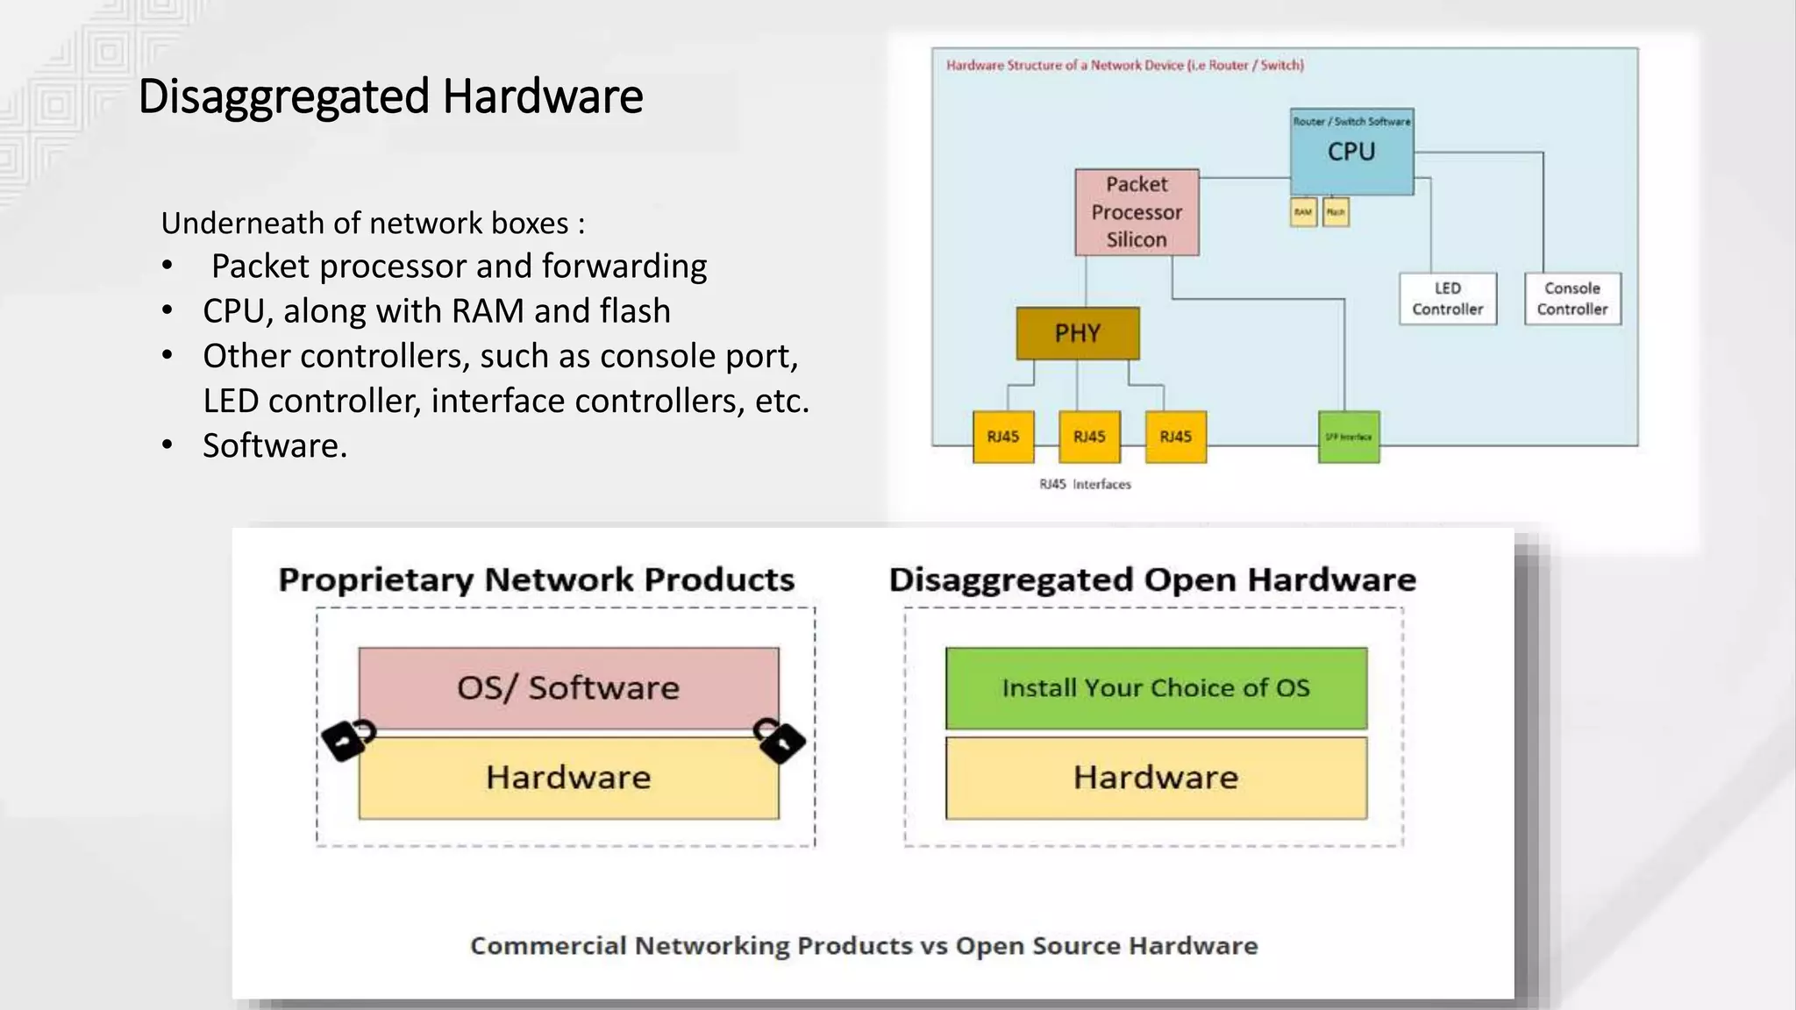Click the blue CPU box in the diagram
point(1351,153)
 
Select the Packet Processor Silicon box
point(1137,212)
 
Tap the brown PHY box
point(1078,333)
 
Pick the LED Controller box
point(1448,299)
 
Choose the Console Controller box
point(1572,299)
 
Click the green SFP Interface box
point(1349,437)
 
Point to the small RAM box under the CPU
point(1303,212)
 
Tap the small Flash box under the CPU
point(1336,212)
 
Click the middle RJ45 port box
point(1089,437)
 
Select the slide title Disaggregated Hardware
point(390,96)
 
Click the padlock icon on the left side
point(347,740)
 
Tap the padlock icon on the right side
point(780,740)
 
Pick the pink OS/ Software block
point(568,687)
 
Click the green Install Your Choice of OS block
point(1156,687)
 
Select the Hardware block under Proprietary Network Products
point(568,778)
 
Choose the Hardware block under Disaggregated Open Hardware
point(1156,778)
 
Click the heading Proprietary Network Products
point(536,580)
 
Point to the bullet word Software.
point(274,445)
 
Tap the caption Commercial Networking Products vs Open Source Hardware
point(864,945)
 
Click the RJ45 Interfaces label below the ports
point(1085,484)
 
